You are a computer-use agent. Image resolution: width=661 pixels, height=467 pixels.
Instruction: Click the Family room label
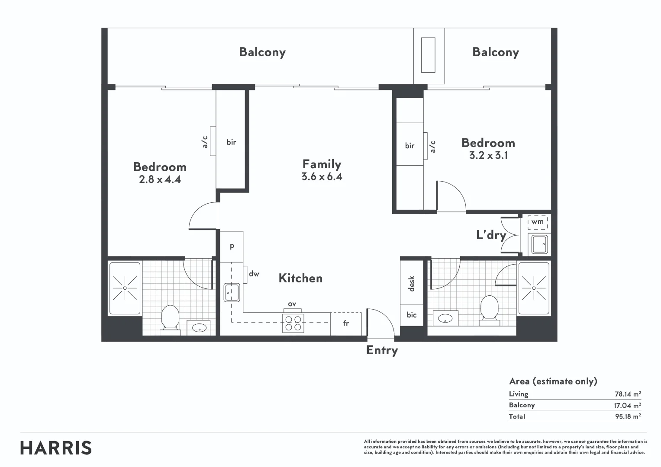coord(322,164)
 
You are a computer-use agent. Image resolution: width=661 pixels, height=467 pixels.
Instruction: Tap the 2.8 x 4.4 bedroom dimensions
coord(160,179)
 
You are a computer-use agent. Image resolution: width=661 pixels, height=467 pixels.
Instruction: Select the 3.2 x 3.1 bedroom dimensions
coord(488,155)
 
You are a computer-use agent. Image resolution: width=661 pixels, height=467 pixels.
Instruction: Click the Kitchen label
coord(300,278)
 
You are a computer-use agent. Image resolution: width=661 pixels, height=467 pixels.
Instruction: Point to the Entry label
coord(382,350)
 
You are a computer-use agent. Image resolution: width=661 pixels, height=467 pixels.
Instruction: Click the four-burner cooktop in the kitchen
coord(293,323)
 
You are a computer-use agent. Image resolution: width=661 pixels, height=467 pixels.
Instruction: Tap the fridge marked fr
coord(346,323)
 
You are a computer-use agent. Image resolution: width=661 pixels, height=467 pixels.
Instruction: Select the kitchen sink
coord(232,292)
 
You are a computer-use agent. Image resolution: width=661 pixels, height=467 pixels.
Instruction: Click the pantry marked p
coord(232,246)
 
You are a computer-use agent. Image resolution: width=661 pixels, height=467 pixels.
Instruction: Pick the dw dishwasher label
coord(254,274)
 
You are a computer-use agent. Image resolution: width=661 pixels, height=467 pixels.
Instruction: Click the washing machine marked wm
coord(538,222)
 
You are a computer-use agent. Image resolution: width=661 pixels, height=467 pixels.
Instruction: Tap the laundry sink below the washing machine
coord(539,244)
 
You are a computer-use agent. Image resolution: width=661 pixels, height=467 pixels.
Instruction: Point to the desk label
coord(412,284)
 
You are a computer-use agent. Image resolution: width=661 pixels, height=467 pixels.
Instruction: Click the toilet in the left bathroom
coord(170,319)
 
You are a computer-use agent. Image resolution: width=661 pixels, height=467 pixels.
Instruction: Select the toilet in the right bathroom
coord(489,309)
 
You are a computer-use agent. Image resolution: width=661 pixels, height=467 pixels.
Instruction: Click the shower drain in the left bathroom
coord(125,288)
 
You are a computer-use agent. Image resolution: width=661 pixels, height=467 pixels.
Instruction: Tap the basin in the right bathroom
coord(445,319)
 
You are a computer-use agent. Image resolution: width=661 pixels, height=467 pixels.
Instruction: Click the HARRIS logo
coord(56,448)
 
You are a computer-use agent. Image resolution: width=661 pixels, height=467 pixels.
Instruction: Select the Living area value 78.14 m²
coord(627,394)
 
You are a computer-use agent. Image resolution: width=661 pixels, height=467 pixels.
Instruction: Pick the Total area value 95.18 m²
coord(627,416)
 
